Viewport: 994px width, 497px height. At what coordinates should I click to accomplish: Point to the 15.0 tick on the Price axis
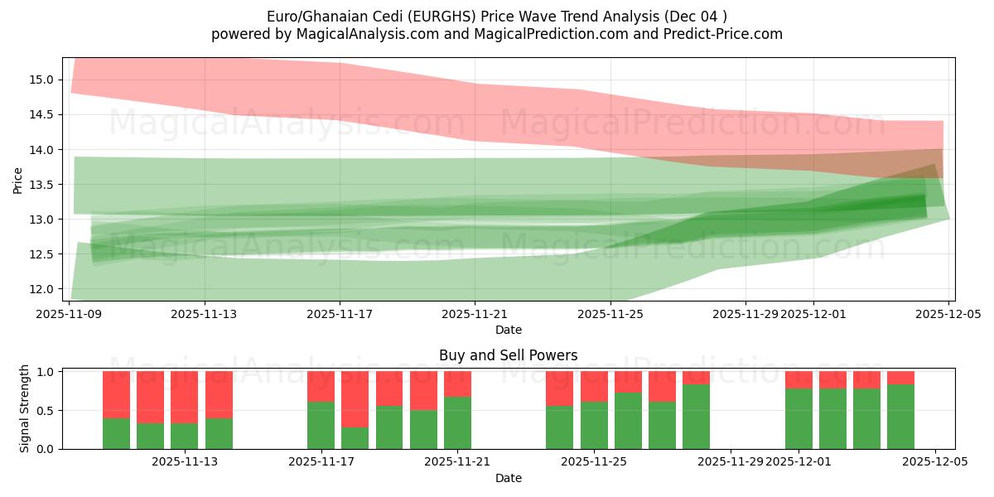tap(44, 80)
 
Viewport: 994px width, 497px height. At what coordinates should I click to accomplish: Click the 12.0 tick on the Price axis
tap(44, 289)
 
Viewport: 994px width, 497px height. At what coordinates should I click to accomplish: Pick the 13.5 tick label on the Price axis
tap(44, 185)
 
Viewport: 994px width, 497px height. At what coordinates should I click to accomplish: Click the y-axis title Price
tap(18, 179)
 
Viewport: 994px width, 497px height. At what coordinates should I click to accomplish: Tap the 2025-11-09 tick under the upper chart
tap(70, 314)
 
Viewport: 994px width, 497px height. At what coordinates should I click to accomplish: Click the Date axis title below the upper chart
tap(508, 330)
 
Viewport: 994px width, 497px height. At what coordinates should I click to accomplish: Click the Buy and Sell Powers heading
tap(508, 355)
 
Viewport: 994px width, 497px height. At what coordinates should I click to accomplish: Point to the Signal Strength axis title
tap(25, 408)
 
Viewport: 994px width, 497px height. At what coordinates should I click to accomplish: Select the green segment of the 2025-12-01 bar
tap(799, 419)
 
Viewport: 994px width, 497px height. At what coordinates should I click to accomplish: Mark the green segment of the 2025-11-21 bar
tap(457, 423)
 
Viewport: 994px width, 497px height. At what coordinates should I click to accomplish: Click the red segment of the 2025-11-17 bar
tap(321, 386)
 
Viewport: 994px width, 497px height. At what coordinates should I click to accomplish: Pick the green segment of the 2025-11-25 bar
tap(594, 426)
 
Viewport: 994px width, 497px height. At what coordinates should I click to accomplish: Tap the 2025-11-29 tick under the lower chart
tap(731, 462)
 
